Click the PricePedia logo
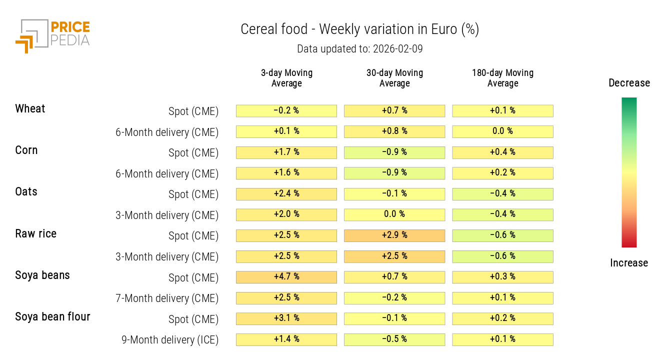[52, 36]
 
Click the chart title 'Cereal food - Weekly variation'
[359, 29]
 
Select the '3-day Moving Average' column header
[286, 78]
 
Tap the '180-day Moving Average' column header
[502, 78]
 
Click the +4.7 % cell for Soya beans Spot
[286, 277]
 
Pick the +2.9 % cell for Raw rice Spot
[394, 235]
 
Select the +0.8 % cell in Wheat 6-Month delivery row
[394, 131]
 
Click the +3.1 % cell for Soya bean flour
[286, 318]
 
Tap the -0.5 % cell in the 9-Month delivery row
[394, 339]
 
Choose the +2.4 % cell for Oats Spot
[286, 194]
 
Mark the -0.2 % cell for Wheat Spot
[286, 110]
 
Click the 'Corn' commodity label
[26, 150]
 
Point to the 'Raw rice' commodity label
[36, 234]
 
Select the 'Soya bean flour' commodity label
[52, 317]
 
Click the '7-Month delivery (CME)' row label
[167, 298]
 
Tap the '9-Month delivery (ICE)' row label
[170, 340]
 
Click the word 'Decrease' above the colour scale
[629, 83]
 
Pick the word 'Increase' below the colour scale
[629, 263]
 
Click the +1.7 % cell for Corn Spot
[286, 152]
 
